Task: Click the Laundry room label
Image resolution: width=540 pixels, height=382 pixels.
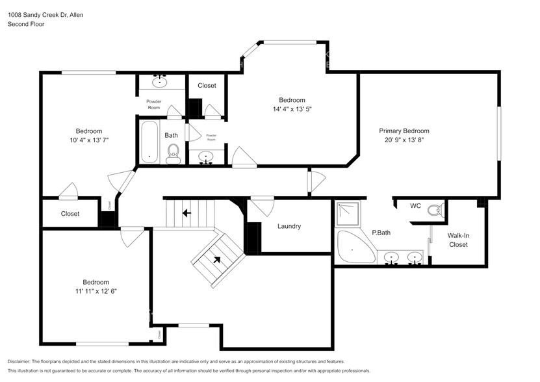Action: tap(289, 227)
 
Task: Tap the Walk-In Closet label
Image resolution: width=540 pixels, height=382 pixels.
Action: tap(458, 240)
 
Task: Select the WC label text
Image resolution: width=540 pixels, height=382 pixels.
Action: tap(415, 207)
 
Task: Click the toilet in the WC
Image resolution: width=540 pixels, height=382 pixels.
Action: tap(438, 209)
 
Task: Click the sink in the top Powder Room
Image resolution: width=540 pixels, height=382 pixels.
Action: tap(160, 81)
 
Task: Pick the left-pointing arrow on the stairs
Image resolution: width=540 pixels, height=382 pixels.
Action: tap(186, 212)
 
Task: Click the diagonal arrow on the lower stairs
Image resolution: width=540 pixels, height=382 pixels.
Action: tap(216, 259)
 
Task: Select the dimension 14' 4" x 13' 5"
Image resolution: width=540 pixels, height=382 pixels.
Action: tap(292, 109)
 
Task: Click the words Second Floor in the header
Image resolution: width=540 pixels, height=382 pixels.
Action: tap(27, 24)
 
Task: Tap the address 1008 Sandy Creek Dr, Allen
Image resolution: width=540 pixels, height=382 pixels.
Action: tap(45, 14)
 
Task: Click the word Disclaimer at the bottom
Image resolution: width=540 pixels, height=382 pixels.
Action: tap(22, 361)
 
